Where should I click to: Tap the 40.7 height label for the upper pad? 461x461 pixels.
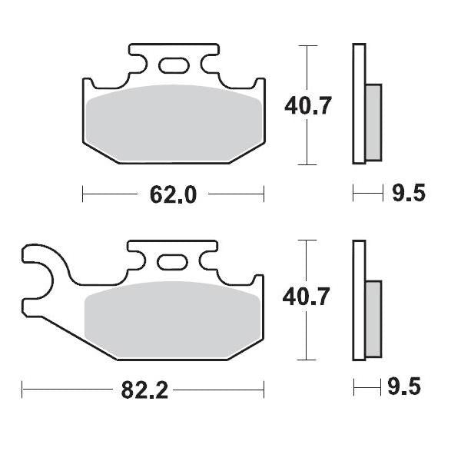click(x=307, y=104)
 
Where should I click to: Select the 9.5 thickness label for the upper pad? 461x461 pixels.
click(x=407, y=193)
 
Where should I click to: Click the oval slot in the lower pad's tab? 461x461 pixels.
click(x=171, y=262)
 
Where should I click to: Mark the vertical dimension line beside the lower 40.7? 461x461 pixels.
click(x=307, y=338)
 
